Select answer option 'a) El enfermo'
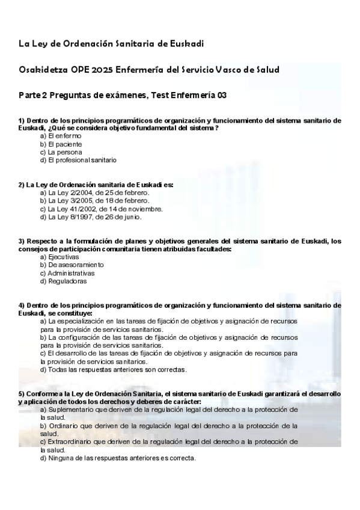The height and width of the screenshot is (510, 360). [x=60, y=136]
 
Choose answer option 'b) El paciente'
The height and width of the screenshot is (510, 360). [x=61, y=144]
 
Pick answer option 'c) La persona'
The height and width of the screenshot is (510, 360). [x=61, y=152]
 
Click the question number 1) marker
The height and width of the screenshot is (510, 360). [x=22, y=120]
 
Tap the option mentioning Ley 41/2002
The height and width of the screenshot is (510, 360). [x=101, y=209]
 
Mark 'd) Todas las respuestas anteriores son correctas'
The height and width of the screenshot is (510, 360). [x=113, y=370]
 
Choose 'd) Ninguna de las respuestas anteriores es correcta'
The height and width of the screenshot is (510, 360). [x=117, y=458]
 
